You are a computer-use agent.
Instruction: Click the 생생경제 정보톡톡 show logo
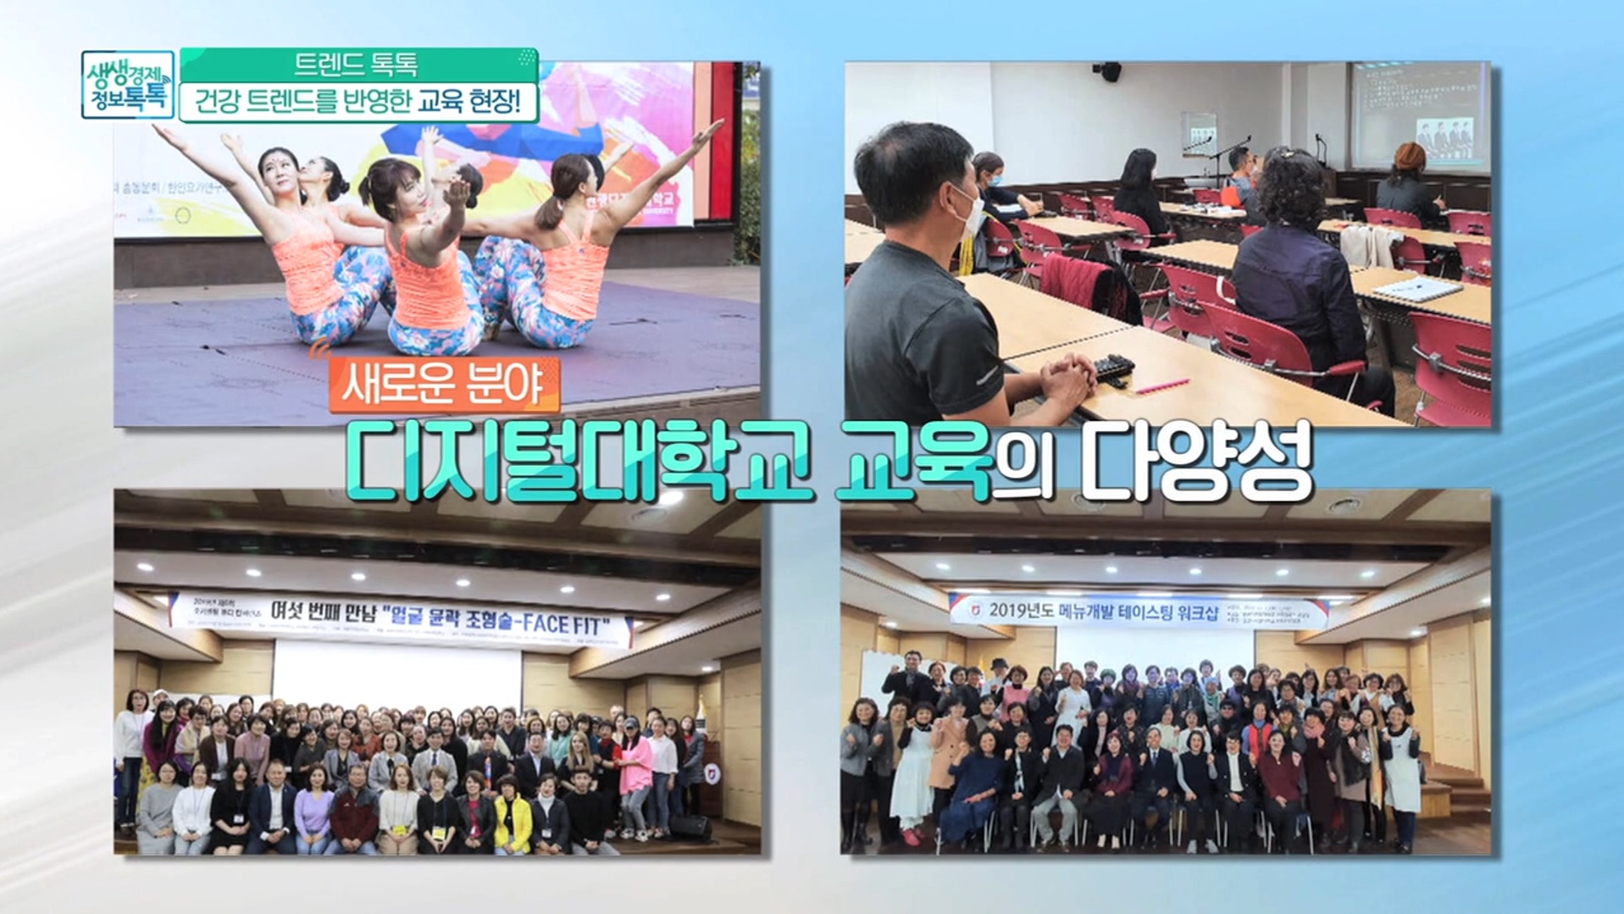tap(128, 84)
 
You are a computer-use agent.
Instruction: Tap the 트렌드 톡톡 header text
tap(356, 64)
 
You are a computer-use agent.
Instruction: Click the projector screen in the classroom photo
tap(1415, 114)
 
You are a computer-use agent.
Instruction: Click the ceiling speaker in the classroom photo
tap(1107, 71)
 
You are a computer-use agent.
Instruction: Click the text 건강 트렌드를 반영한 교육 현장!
tap(358, 102)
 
